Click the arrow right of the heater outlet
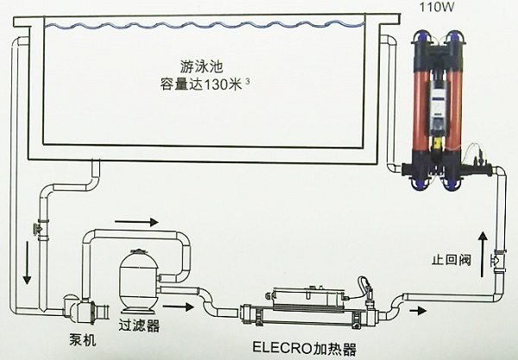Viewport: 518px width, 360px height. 417,309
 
